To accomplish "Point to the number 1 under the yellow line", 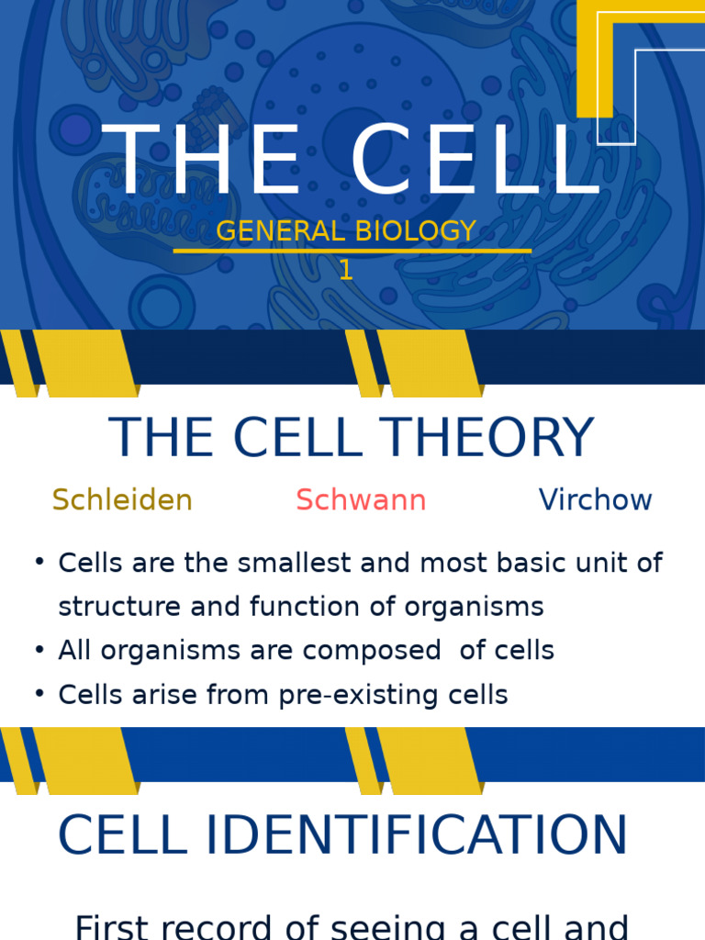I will point(346,270).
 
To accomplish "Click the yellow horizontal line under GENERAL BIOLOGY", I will point(352,251).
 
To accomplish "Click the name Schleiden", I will point(122,500).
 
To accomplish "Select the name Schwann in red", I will point(361,500).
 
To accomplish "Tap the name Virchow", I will point(595,500).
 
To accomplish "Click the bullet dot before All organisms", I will point(39,650).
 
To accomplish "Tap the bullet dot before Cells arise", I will point(39,694).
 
